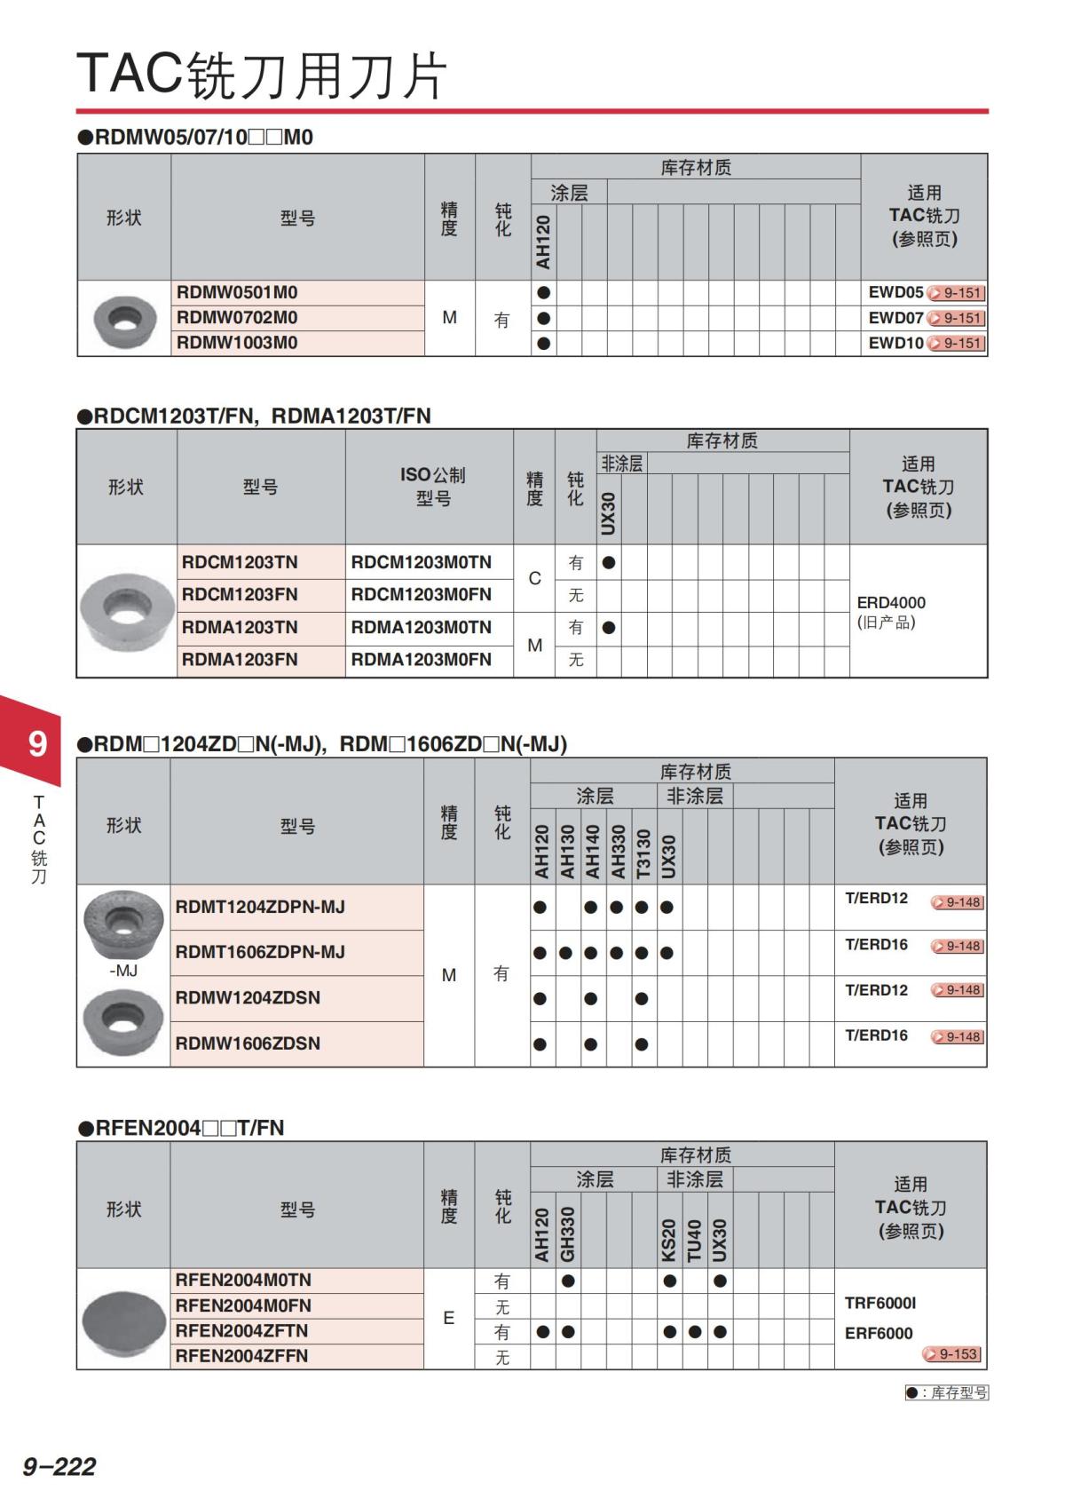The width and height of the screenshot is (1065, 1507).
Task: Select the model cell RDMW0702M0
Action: pos(237,318)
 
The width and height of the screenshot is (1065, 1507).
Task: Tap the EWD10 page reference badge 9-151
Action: pos(956,344)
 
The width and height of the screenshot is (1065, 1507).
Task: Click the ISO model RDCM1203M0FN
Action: pos(421,595)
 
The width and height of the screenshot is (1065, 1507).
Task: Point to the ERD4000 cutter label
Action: pos(891,603)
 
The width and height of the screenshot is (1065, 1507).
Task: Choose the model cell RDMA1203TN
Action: pos(240,628)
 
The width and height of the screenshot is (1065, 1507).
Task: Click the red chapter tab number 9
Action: pos(36,743)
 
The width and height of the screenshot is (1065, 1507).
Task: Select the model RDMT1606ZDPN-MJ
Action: pos(260,953)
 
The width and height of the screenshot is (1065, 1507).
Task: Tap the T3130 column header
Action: pos(643,853)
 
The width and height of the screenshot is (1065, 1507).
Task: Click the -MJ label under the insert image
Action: pos(123,971)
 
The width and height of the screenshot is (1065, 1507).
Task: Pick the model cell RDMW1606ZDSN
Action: pos(248,1043)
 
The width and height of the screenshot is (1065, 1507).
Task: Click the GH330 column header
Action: pos(568,1233)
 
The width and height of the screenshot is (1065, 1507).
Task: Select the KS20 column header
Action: pos(669,1240)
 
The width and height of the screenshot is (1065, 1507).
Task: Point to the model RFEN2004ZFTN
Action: pos(241,1331)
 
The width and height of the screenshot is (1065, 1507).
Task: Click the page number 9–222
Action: pos(59,1466)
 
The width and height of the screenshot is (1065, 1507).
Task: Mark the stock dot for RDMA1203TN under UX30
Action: pos(609,628)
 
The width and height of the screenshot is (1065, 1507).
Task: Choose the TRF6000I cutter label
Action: pos(880,1304)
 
